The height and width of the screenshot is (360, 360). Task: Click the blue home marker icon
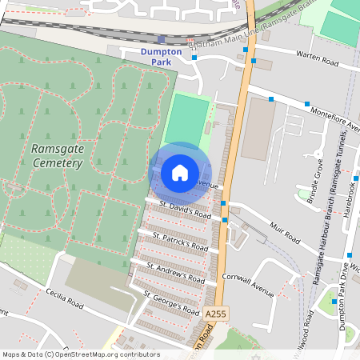point(180,172)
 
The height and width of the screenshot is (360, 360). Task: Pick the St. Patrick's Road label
point(181,239)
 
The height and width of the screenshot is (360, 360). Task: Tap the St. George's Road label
point(171,303)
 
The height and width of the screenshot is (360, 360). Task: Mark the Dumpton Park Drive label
point(350,288)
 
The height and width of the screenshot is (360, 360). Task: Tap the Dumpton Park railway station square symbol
point(162,39)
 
